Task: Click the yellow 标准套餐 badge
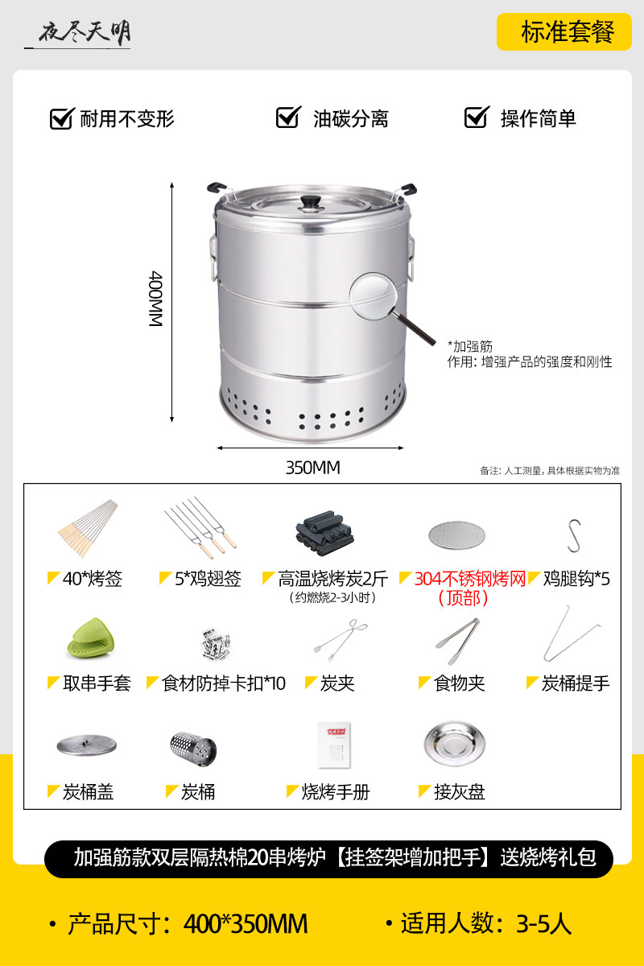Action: (x=564, y=32)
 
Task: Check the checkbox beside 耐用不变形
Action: (x=62, y=118)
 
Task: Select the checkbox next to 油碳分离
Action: (x=288, y=117)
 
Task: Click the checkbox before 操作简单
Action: (x=477, y=117)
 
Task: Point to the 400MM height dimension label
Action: (x=155, y=299)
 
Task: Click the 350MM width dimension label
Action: (x=312, y=468)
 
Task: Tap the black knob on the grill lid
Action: (x=312, y=202)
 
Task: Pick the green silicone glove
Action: (x=91, y=638)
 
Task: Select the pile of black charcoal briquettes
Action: (x=324, y=533)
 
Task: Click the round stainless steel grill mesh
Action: (x=456, y=535)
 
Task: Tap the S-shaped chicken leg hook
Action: (x=574, y=535)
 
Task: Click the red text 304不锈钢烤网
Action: (x=470, y=579)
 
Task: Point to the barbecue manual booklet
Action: (x=334, y=745)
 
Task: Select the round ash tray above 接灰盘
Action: (x=455, y=744)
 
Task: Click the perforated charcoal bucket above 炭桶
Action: (x=193, y=749)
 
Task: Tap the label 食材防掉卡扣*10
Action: (x=224, y=683)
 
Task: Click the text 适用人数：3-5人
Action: (x=486, y=924)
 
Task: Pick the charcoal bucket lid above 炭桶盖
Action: (x=87, y=745)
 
